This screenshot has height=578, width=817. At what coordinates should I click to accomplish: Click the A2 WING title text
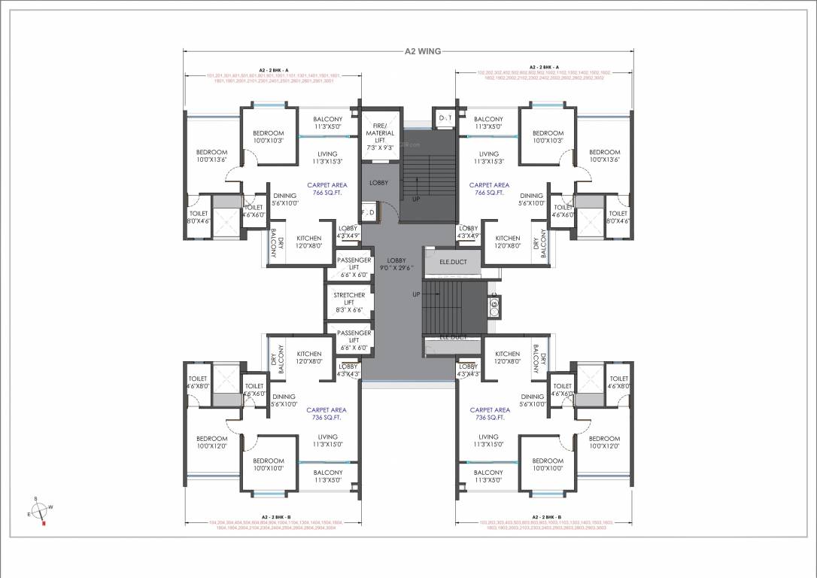[x=421, y=52]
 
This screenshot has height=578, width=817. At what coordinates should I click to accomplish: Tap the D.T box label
[x=445, y=118]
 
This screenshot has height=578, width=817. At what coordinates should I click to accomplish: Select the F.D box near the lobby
[x=368, y=213]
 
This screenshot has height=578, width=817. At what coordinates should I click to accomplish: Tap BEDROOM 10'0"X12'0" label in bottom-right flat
[x=604, y=443]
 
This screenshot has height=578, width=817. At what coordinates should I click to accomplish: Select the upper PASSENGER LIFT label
[x=354, y=265]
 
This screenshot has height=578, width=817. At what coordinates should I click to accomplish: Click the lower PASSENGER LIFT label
[x=354, y=340]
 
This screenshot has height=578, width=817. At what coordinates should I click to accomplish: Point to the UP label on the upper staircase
[x=415, y=199]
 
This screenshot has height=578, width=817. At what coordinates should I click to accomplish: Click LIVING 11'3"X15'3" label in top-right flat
[x=489, y=157]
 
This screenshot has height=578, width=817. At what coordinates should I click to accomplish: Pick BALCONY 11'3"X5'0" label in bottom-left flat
[x=328, y=476]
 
